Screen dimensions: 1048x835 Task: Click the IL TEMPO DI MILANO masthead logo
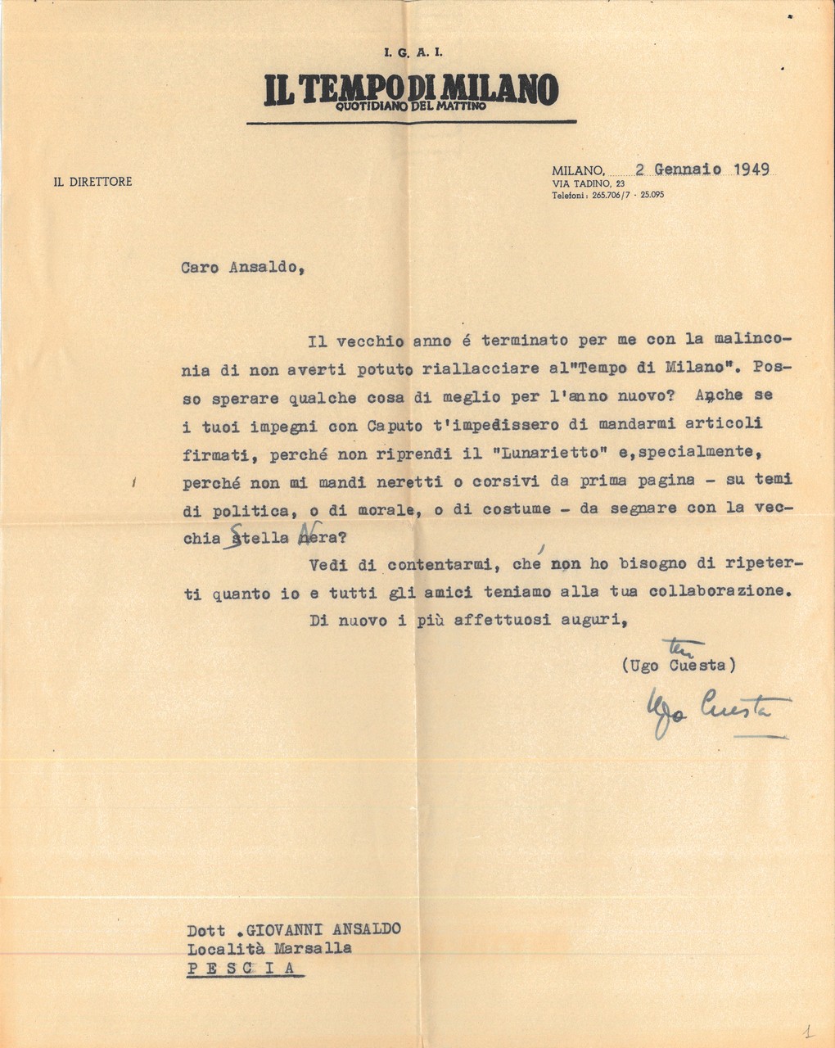point(411,88)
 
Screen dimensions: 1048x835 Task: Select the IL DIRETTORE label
point(93,182)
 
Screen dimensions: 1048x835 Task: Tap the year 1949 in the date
point(751,169)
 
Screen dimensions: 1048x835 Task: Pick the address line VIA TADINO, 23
point(589,185)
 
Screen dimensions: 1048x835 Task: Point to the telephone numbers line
point(606,196)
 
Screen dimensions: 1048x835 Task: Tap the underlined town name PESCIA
point(246,969)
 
